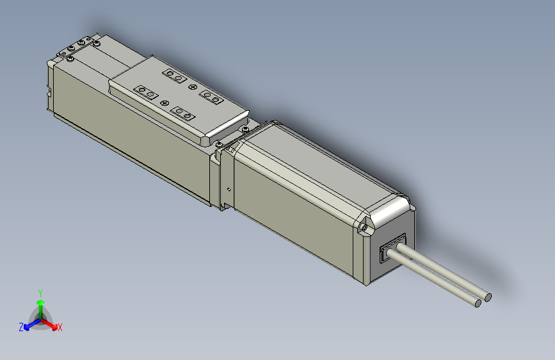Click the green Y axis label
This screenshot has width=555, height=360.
pyautogui.click(x=40, y=292)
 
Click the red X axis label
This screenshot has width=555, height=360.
pyautogui.click(x=60, y=328)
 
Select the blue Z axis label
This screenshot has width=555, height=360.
pyautogui.click(x=21, y=327)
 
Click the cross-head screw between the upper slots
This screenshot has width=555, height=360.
pyautogui.click(x=193, y=86)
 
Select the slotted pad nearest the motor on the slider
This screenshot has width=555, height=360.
pyautogui.click(x=184, y=114)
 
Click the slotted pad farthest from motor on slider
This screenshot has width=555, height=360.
pyautogui.click(x=175, y=76)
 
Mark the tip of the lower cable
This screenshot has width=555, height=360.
pyautogui.click(x=478, y=302)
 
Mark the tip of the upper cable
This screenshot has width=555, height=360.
pyautogui.click(x=488, y=297)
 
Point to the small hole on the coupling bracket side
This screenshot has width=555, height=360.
pyautogui.click(x=229, y=189)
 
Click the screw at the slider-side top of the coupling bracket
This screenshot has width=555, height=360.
pyautogui.click(x=220, y=144)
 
